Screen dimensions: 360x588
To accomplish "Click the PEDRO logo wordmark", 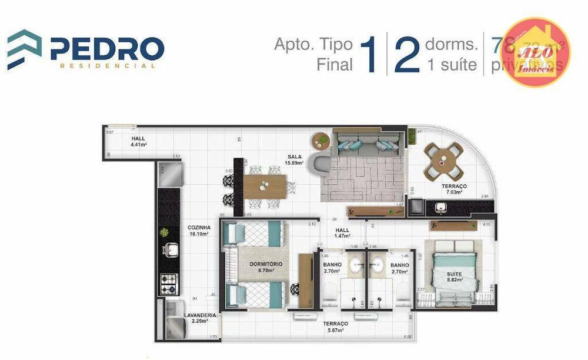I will pos(106,48).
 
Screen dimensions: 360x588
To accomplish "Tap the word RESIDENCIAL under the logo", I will pos(108,66).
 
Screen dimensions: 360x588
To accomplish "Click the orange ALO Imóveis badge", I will pos(536,52).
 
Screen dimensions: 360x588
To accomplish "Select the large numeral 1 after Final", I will pos(369,55).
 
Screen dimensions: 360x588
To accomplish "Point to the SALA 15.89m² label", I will pos(295,160).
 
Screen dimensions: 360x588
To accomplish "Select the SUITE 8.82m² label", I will pos(454,277).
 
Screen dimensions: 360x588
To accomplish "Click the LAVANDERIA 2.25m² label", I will pos(199,318).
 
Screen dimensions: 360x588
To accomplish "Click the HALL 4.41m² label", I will pos(138,141).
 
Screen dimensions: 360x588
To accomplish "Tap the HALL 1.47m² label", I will pos(343,233).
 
